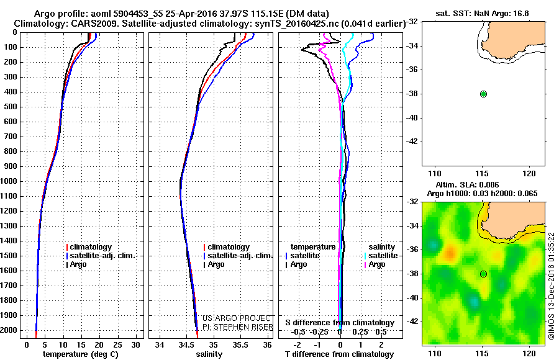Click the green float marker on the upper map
(483, 94)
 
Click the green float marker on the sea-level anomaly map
(483, 274)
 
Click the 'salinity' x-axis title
(209, 354)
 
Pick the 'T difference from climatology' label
(339, 354)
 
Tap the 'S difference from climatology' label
(340, 323)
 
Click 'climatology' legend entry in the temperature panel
(91, 247)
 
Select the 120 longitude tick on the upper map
(529, 173)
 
